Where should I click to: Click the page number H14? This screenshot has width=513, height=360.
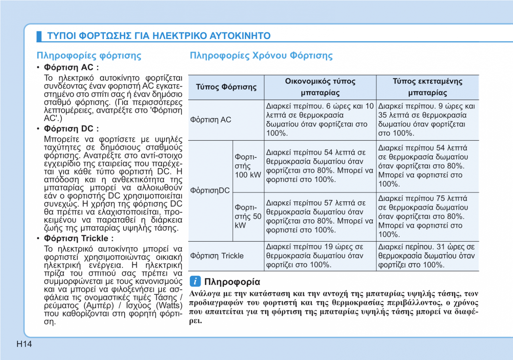(24, 344)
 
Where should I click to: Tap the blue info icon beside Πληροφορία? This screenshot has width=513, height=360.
(195, 281)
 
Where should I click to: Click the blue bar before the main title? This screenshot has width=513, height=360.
(39, 36)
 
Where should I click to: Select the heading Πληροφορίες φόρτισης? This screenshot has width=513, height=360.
(89, 55)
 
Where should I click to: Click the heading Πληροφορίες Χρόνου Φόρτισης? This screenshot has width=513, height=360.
(261, 55)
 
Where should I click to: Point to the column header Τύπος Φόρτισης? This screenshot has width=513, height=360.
(226, 87)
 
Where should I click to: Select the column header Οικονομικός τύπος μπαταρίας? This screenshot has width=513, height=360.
(320, 87)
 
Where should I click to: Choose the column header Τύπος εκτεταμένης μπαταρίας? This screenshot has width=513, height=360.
(427, 87)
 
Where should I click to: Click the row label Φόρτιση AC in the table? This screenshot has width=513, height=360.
(211, 120)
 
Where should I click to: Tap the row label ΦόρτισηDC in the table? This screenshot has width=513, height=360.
(210, 190)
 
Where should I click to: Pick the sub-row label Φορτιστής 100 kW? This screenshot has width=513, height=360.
(248, 166)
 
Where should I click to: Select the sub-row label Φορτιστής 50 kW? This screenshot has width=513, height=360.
(248, 216)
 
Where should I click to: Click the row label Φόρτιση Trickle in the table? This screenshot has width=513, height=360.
(217, 256)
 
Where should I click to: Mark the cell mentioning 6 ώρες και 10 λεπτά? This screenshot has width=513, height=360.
(320, 120)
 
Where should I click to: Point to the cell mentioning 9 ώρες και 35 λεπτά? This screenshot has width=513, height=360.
(427, 120)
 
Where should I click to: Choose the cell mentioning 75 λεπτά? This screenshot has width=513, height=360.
(427, 216)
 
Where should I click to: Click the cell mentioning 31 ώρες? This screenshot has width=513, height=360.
(427, 256)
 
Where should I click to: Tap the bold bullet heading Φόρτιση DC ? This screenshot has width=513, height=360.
(71, 129)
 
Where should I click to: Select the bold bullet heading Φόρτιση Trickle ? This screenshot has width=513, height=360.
(79, 238)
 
